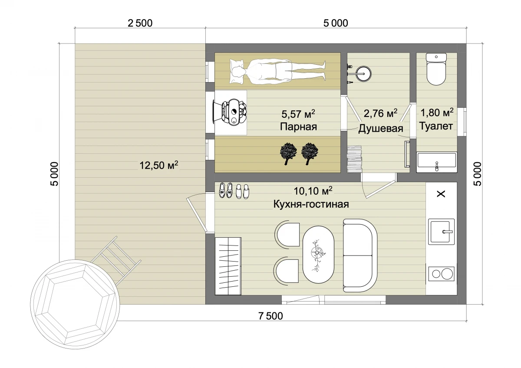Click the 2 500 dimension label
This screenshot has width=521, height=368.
(140, 23)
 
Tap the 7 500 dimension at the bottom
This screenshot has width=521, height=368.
(271, 316)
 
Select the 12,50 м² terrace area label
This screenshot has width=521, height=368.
(158, 165)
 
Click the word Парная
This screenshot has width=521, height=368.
(298, 126)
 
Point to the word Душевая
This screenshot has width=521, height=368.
(380, 128)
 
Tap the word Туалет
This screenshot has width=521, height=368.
(436, 126)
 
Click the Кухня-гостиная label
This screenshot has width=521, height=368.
(311, 204)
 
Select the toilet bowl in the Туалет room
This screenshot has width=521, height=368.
(436, 69)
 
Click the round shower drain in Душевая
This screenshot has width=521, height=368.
(364, 74)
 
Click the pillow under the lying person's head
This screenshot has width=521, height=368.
(237, 71)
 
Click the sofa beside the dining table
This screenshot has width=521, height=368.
(360, 255)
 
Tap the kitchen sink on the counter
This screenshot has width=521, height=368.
(441, 232)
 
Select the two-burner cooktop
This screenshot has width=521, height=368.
(441, 274)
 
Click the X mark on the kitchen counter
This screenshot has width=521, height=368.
(441, 194)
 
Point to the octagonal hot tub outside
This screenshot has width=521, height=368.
(75, 304)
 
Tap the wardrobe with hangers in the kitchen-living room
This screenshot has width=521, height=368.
(228, 266)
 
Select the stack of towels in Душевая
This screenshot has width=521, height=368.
(355, 159)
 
